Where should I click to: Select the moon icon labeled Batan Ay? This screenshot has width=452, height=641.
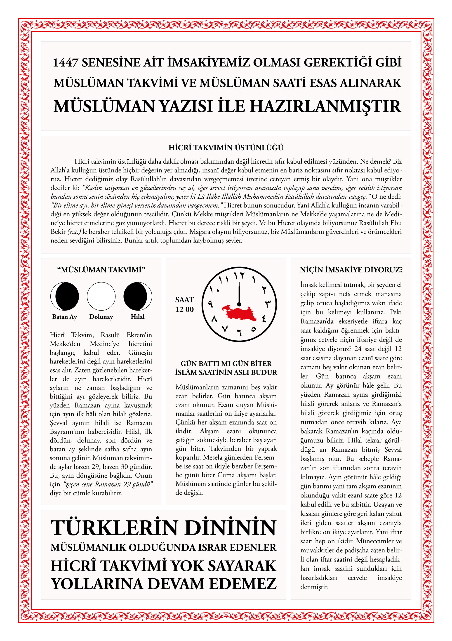(x=64, y=296)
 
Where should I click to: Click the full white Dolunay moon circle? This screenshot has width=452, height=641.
(x=101, y=296)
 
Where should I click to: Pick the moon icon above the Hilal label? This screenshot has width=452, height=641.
(x=138, y=296)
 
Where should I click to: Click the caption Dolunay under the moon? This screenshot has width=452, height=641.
(x=101, y=317)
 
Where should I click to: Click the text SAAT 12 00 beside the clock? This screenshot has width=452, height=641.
(x=184, y=304)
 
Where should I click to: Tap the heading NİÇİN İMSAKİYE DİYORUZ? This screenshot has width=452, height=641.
(x=351, y=270)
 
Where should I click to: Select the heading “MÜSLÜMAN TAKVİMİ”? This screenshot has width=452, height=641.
(x=101, y=270)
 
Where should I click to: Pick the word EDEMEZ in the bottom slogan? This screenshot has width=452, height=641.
(x=243, y=584)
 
